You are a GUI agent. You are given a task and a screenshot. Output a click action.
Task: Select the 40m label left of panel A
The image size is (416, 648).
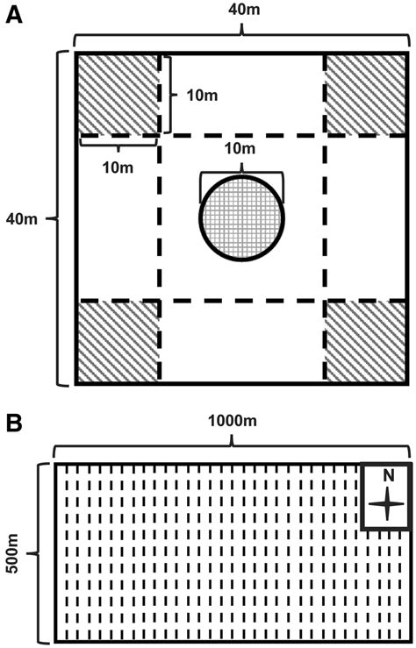(x=22, y=217)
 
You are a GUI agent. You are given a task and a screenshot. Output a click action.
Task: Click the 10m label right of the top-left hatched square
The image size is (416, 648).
(x=203, y=94)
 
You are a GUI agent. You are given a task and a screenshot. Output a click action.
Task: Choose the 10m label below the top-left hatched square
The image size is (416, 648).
(x=118, y=165)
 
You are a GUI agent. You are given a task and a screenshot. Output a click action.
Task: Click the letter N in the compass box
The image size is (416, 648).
(x=388, y=476)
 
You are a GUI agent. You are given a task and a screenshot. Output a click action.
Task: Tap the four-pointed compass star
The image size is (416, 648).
(x=387, y=503)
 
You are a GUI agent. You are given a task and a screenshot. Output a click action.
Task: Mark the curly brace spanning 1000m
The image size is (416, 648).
(x=233, y=449)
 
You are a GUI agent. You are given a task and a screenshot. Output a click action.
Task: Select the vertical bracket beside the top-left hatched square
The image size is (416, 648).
(x=168, y=94)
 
